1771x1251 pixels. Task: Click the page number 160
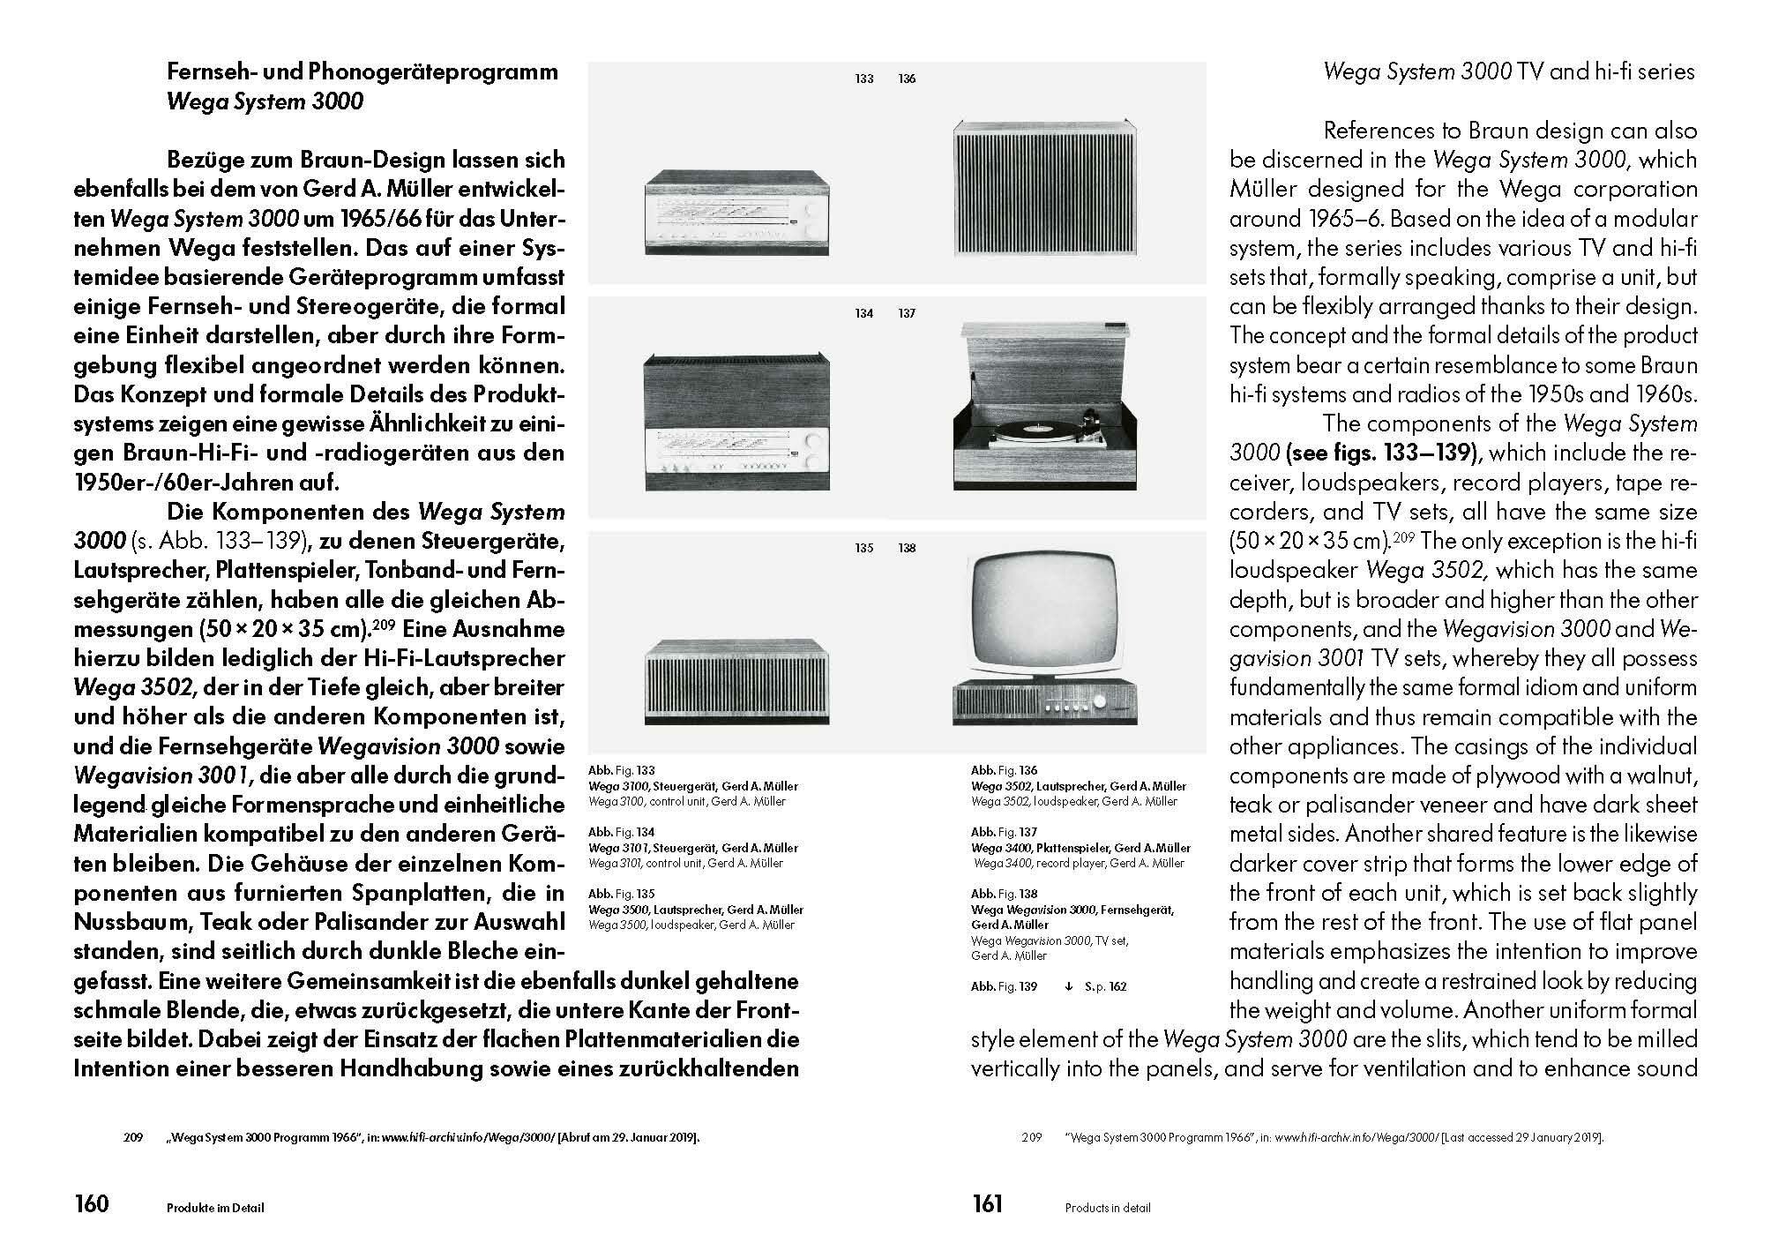[91, 1203]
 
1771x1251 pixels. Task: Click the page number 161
[987, 1203]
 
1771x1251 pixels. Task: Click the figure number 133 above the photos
[864, 79]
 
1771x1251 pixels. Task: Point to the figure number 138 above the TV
[907, 548]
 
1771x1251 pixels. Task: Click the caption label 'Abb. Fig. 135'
[622, 894]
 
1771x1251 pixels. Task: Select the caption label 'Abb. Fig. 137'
[1005, 832]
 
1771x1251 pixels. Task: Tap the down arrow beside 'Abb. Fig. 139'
[1068, 986]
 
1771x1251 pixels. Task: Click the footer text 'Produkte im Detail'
[216, 1208]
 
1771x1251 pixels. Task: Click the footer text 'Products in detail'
[1108, 1208]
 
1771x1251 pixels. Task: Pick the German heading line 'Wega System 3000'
[265, 101]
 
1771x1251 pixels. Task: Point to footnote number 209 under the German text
[132, 1137]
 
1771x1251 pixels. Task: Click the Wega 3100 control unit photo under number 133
[737, 213]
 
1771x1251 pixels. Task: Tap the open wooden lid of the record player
[1041, 362]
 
